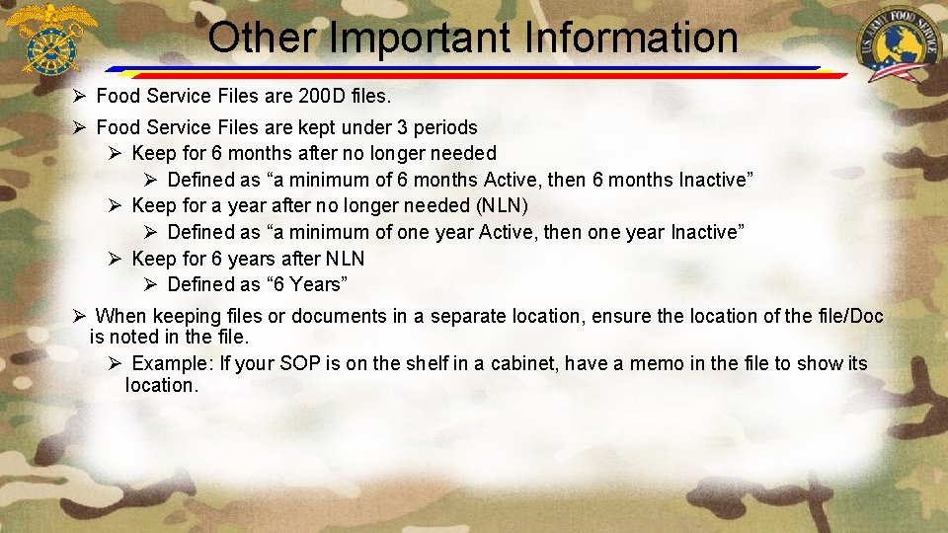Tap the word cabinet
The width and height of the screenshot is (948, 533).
(x=520, y=363)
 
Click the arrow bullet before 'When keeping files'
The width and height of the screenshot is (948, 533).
(x=81, y=316)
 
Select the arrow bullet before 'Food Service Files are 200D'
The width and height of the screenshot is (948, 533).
(x=81, y=96)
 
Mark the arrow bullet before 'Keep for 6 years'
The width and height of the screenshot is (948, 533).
(x=115, y=259)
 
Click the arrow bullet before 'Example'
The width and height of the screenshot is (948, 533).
(x=115, y=363)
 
